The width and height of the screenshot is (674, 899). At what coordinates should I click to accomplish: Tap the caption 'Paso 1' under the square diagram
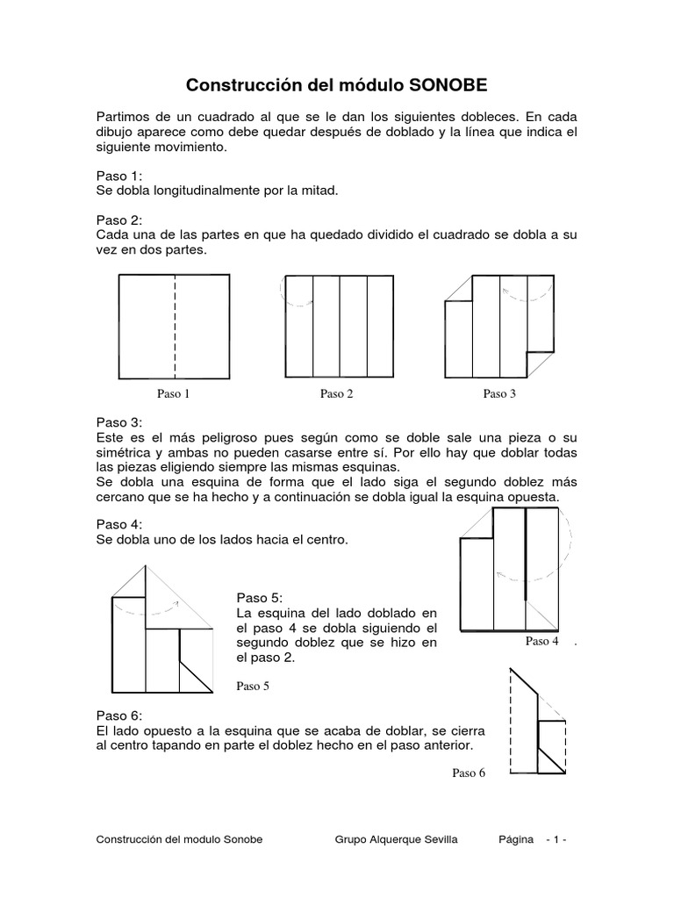[x=174, y=393]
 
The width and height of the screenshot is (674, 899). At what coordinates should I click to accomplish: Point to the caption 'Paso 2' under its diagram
[x=336, y=393]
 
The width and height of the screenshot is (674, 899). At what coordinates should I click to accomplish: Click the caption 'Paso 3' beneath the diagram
[x=499, y=393]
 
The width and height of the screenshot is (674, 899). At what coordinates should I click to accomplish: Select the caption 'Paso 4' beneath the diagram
[x=542, y=641]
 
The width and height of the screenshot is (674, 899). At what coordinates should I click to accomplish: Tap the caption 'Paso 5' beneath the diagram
[x=253, y=687]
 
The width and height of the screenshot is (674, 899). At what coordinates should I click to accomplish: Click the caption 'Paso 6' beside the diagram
[x=469, y=773]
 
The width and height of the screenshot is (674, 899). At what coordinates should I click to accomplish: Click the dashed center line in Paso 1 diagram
[x=175, y=325]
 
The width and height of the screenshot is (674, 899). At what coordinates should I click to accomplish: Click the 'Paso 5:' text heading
[x=261, y=598]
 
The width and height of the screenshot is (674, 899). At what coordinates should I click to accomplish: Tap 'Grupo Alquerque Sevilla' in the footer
[x=396, y=839]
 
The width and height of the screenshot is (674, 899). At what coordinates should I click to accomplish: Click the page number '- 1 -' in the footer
[x=556, y=839]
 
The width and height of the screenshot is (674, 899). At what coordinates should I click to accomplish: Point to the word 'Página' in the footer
[x=515, y=839]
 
